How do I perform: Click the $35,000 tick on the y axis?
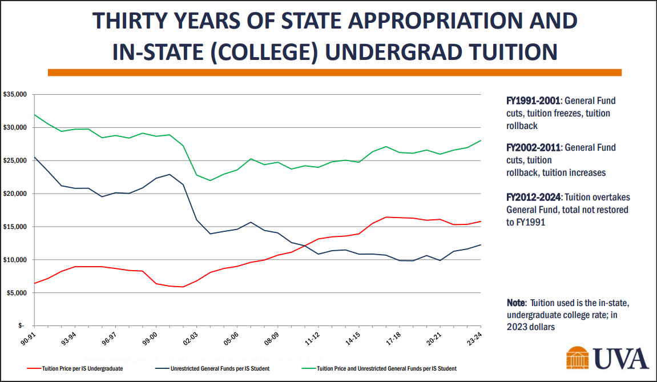15,94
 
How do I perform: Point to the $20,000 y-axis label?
15,194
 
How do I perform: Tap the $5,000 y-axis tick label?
17,293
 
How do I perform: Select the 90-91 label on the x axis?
27,339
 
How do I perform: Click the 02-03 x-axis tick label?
190,339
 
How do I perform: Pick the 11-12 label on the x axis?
312,339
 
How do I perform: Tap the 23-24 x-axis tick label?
474,339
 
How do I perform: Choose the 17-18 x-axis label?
393,339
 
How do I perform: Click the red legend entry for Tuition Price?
75,369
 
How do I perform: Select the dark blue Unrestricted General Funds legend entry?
212,369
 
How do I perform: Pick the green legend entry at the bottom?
380,369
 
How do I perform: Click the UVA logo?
607,359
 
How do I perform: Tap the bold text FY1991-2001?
533,100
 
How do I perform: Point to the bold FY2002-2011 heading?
533,147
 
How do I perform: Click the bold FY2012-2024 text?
533,197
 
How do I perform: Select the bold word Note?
516,303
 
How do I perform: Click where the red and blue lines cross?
305,246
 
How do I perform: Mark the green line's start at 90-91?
34,114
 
